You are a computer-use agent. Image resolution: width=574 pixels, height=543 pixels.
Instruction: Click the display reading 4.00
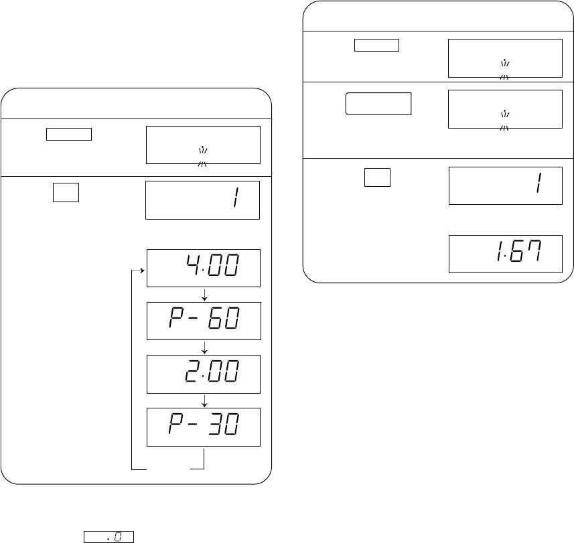pos(204,268)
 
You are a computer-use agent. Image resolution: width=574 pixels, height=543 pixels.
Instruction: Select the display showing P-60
pos(204,321)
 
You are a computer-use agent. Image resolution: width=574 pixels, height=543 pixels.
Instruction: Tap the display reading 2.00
pos(204,374)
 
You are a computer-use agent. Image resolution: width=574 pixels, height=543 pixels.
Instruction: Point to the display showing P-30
pos(204,427)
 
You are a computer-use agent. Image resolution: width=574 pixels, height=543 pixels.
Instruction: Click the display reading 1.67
pos(506,254)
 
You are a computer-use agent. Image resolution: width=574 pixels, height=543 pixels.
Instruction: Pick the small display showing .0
pos(109,537)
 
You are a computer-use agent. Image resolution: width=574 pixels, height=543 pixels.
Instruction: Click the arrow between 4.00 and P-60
pos(204,295)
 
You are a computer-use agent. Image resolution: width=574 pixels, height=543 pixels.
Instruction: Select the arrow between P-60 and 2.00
pos(204,347)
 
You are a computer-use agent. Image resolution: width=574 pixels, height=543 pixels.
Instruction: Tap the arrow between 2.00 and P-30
pos(204,400)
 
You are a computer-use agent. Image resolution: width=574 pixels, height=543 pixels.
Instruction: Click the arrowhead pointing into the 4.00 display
pos(143,270)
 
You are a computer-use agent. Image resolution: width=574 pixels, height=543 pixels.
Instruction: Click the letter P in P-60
pos(175,317)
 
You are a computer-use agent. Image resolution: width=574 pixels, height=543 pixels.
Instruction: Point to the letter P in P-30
pos(175,424)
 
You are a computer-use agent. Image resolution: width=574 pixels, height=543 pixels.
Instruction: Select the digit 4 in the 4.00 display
pos(193,264)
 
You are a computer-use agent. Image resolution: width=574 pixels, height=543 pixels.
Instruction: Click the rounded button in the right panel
pos(378,104)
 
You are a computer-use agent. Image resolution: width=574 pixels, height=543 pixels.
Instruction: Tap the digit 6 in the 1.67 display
pos(517,251)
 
